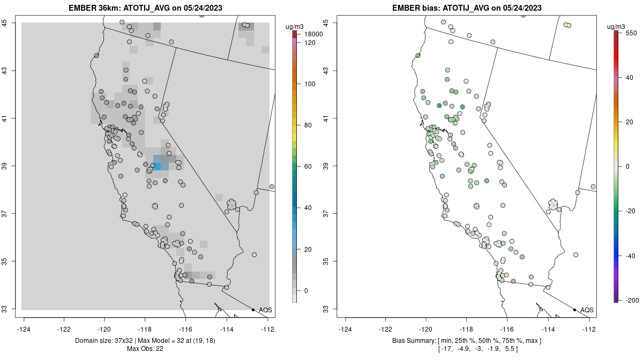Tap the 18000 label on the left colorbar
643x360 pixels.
coord(313,34)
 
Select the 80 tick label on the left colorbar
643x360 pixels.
coord(309,125)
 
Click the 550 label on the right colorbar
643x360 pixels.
coord(631,33)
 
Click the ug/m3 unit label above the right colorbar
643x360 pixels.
coord(619,26)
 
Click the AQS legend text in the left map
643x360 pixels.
coord(265,310)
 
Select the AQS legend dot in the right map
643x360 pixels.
coord(574,310)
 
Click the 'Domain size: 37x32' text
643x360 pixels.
coord(115,341)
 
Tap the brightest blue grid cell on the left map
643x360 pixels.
coord(158,167)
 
